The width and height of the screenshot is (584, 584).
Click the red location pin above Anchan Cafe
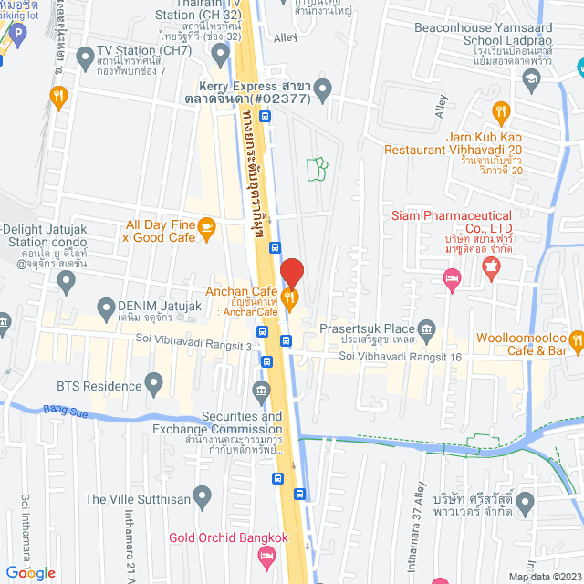(x=291, y=272)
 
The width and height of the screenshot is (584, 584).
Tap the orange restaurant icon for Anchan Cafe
(x=290, y=296)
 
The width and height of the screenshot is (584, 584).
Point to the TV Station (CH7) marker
(x=84, y=63)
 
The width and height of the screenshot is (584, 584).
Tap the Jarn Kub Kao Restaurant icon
(x=499, y=113)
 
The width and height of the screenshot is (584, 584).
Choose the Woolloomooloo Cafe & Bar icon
(x=576, y=341)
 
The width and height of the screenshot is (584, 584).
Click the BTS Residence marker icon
(x=153, y=382)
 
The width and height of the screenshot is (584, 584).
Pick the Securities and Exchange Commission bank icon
(x=262, y=393)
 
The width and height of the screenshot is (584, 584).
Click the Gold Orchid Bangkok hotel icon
(x=266, y=555)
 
